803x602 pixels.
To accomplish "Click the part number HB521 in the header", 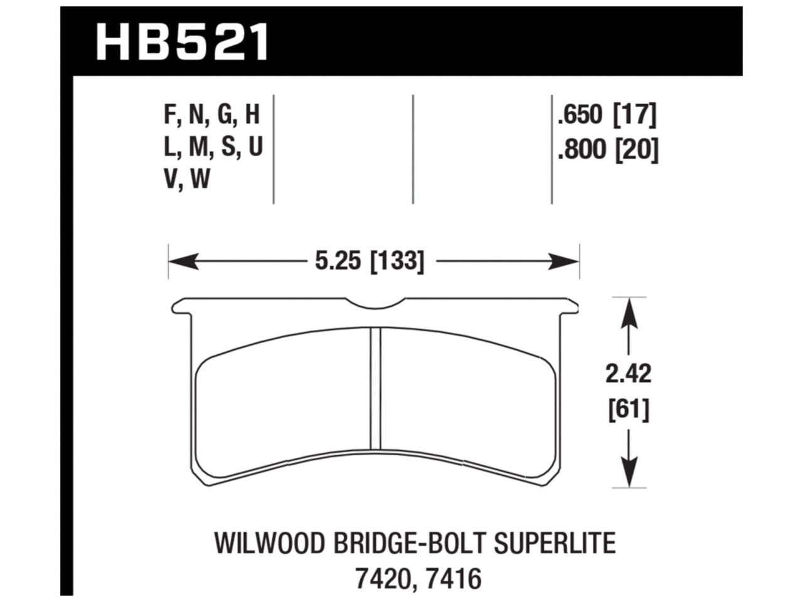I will [x=183, y=40].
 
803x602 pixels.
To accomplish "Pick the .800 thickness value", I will [x=580, y=151].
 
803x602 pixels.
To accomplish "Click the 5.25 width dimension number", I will [x=340, y=260].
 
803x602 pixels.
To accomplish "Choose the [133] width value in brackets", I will [x=397, y=260].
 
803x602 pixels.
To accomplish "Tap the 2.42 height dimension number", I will [x=628, y=374].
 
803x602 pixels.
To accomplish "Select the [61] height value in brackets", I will [x=628, y=411].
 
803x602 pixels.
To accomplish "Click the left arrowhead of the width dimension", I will [x=182, y=260].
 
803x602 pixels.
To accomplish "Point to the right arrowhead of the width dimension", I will [x=565, y=260].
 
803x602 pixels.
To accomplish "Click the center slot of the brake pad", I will [x=375, y=389].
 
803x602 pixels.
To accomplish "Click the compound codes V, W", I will [x=186, y=180].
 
